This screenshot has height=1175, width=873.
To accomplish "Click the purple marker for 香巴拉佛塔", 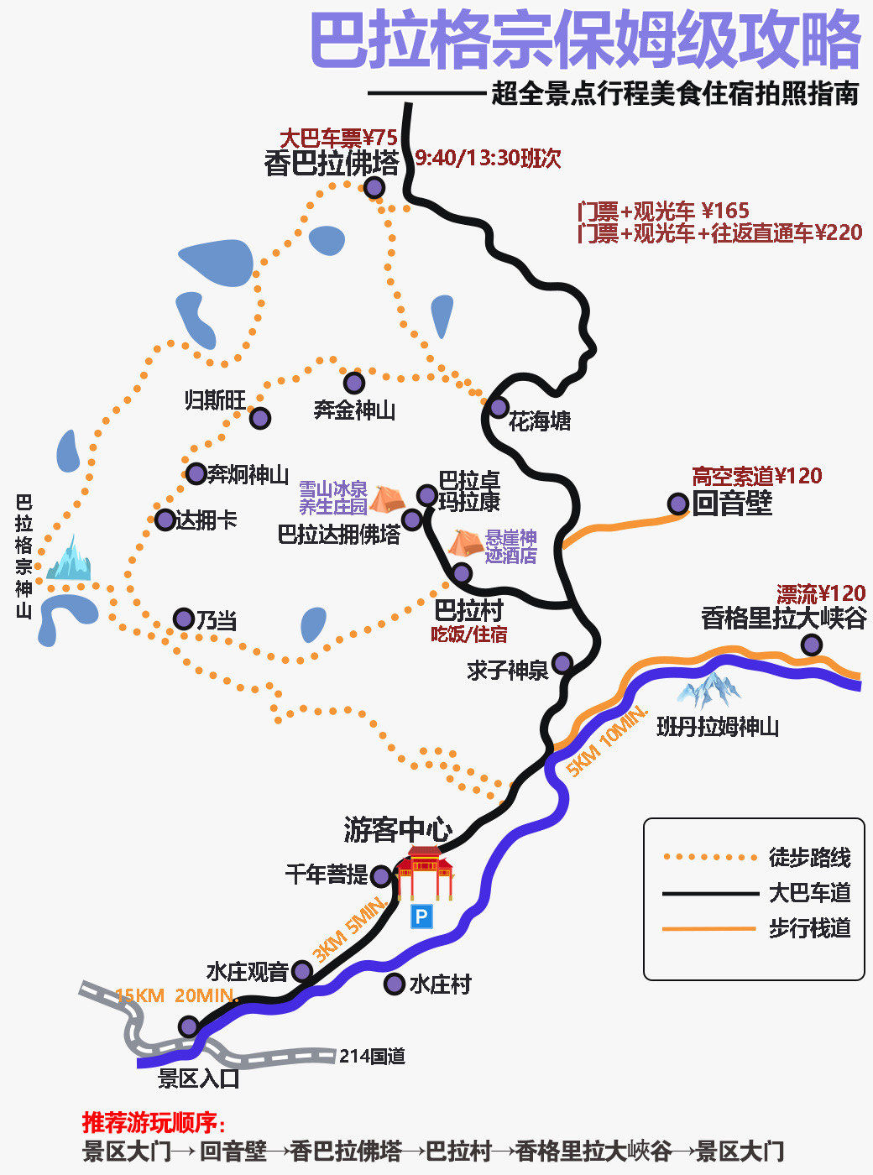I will pos(374,187).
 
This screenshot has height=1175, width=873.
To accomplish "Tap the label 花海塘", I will pos(540,420).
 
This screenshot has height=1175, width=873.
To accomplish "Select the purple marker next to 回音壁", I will pos(678,504).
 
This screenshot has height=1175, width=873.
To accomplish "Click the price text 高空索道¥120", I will pos(756,476).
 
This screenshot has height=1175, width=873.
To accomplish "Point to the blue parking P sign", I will pos(421,916).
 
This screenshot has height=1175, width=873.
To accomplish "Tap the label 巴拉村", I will pos(468,609).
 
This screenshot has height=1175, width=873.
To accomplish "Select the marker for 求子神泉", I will pos(562,663).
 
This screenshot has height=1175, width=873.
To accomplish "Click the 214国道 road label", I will pos(372,1056).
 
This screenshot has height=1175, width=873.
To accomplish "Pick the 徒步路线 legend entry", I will pos(809,857).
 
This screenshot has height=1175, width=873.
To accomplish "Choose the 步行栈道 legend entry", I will pos(809,928).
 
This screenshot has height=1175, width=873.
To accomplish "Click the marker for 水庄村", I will pos(394,984).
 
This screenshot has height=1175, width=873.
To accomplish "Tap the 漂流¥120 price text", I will pos(820,594).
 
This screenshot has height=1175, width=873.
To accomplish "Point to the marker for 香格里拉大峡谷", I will pos(811,645).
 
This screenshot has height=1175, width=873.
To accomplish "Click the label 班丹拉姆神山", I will pos(718,726).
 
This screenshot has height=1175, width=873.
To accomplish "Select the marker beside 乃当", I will pos(184,619).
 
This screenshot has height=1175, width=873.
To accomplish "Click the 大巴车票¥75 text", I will pos(338,137).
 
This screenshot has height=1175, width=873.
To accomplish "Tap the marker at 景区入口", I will pos(190,1026).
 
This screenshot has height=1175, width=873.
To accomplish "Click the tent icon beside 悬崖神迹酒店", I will pos(464,542).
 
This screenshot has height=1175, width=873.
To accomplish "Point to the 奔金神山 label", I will pos(354,410).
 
